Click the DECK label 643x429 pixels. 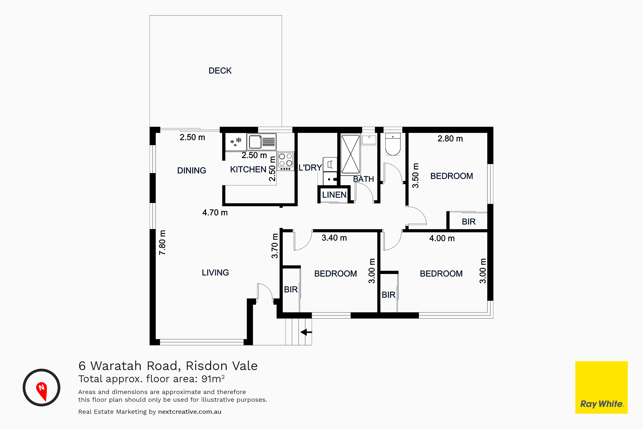(x=220, y=71)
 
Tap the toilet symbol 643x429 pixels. (x=393, y=144)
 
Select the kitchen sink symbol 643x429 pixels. (x=261, y=142)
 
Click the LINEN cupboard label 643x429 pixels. (x=334, y=195)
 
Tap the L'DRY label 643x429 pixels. (x=310, y=168)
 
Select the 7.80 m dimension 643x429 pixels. (x=162, y=242)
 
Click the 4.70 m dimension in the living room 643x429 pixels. (x=215, y=213)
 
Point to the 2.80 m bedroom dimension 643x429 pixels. (x=450, y=139)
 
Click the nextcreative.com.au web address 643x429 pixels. (x=190, y=412)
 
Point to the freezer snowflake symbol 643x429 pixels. (x=235, y=142)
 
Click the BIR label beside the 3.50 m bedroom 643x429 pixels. (x=469, y=222)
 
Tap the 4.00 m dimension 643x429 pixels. (x=442, y=238)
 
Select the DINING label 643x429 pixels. (x=191, y=171)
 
